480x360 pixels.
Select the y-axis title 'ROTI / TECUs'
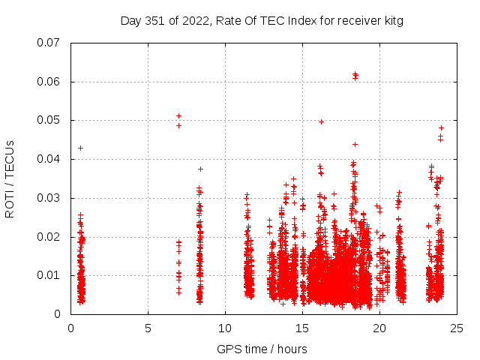tap(10, 178)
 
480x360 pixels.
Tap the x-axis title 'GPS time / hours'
tap(262, 348)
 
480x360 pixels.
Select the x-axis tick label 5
tap(148, 328)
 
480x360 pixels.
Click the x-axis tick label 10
tap(225, 328)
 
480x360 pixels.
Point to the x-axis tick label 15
tap(302, 328)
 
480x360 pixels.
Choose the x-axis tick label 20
tap(379, 328)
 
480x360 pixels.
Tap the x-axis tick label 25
tap(457, 328)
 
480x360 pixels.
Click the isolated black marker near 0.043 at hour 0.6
tap(80, 148)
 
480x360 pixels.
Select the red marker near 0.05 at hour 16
tap(321, 121)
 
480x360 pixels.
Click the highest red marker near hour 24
tap(441, 127)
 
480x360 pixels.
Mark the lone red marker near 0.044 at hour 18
tap(355, 144)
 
